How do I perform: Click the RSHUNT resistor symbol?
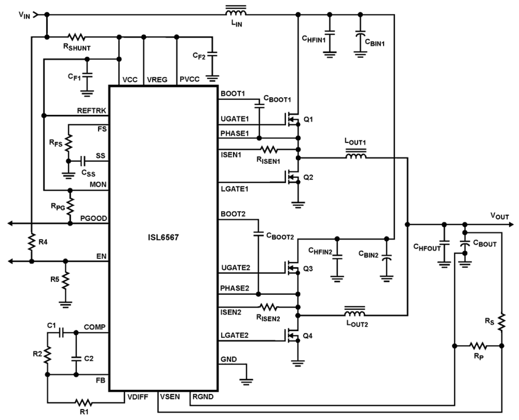click(x=77, y=37)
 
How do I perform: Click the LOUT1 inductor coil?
click(x=355, y=156)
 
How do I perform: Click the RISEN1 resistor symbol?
click(x=268, y=149)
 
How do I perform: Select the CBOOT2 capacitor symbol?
click(x=258, y=234)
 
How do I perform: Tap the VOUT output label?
click(x=499, y=216)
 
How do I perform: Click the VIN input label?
click(x=24, y=15)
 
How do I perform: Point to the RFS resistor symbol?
click(x=69, y=143)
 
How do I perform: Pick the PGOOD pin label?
click(x=93, y=218)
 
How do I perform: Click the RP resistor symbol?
click(x=478, y=346)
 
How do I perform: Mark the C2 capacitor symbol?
click(x=76, y=358)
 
